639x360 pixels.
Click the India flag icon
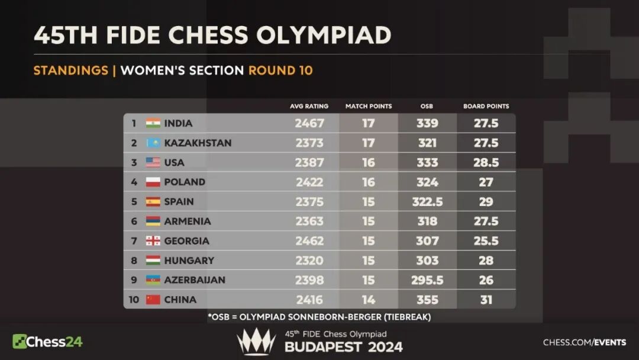pos(153,123)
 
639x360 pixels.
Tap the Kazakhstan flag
pos(153,143)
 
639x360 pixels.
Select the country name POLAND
pos(185,182)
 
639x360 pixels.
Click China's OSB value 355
pos(427,300)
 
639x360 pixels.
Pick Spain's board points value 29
pos(486,201)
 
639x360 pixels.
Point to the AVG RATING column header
pos(309,107)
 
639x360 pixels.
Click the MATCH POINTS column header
pos(369,107)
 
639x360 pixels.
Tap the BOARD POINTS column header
pos(486,107)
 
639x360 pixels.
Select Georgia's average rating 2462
pos(309,241)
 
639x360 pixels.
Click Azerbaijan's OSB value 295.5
pos(427,280)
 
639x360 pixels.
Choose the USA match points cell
pos(369,162)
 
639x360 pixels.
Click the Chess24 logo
pos(47,341)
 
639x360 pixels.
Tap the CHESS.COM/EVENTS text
pos(585,342)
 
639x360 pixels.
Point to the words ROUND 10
pos(280,70)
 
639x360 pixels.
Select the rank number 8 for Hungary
pos(134,261)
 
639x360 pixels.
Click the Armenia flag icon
pos(153,221)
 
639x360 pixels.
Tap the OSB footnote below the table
pos(319,317)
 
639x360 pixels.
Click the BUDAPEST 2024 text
pos(344,347)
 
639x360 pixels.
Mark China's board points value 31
pos(486,300)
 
